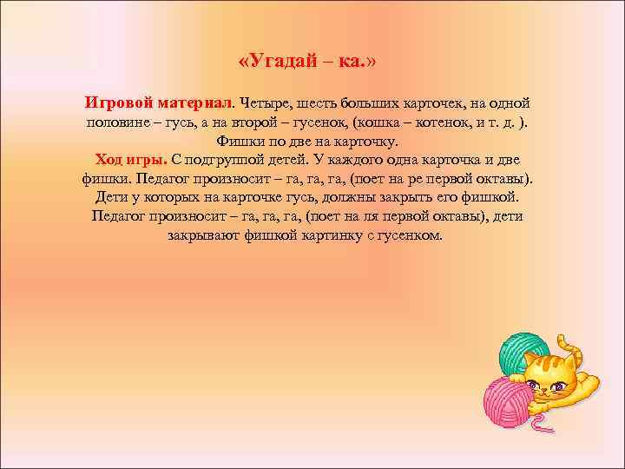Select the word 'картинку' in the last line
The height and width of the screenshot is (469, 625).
[x=335, y=235]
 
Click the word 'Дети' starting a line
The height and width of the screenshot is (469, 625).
[x=110, y=197]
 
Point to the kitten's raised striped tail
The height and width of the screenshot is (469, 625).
[x=564, y=339]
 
